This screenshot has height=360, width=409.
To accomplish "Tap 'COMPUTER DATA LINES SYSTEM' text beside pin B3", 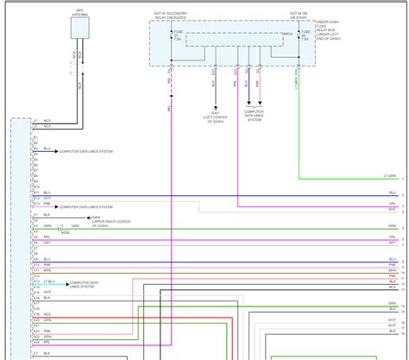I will [x=87, y=150].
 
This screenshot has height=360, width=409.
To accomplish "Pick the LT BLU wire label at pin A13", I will [x=50, y=281].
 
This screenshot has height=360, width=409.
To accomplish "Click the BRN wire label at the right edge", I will [x=392, y=271].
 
